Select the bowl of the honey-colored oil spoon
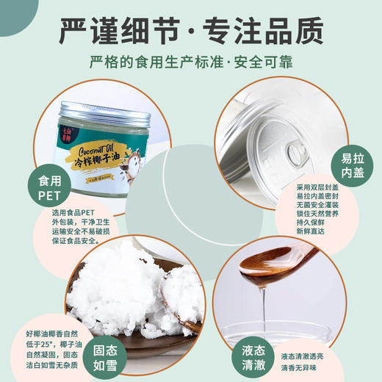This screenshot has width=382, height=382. (x=275, y=264)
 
